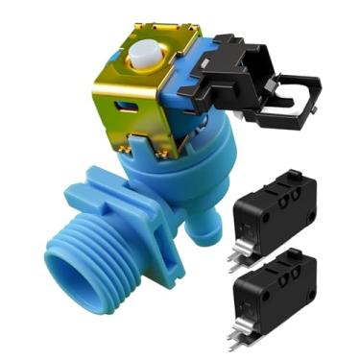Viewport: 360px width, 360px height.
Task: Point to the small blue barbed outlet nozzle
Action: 197,230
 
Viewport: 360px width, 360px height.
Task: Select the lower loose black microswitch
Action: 273,288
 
